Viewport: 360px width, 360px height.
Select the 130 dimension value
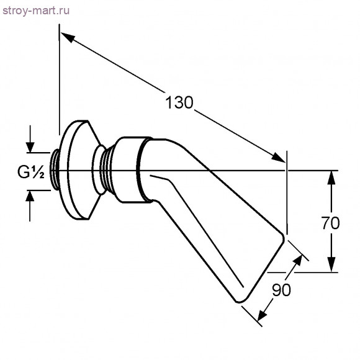coord(180,102)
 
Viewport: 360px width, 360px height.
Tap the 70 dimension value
coord(331,223)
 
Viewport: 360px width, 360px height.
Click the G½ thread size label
coord(30,173)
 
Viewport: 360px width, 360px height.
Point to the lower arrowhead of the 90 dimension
coord(264,312)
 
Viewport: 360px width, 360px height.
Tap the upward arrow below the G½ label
coord(30,197)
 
